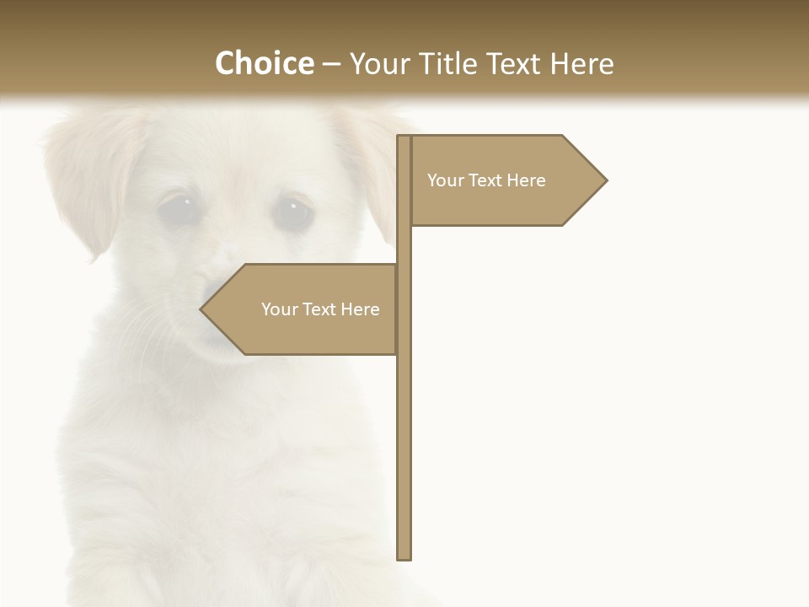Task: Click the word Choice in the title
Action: coord(264,63)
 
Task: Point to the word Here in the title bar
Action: coord(581,63)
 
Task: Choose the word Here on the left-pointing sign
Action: coord(361,309)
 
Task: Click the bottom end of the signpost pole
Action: coord(404,556)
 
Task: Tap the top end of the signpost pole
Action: coord(404,137)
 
